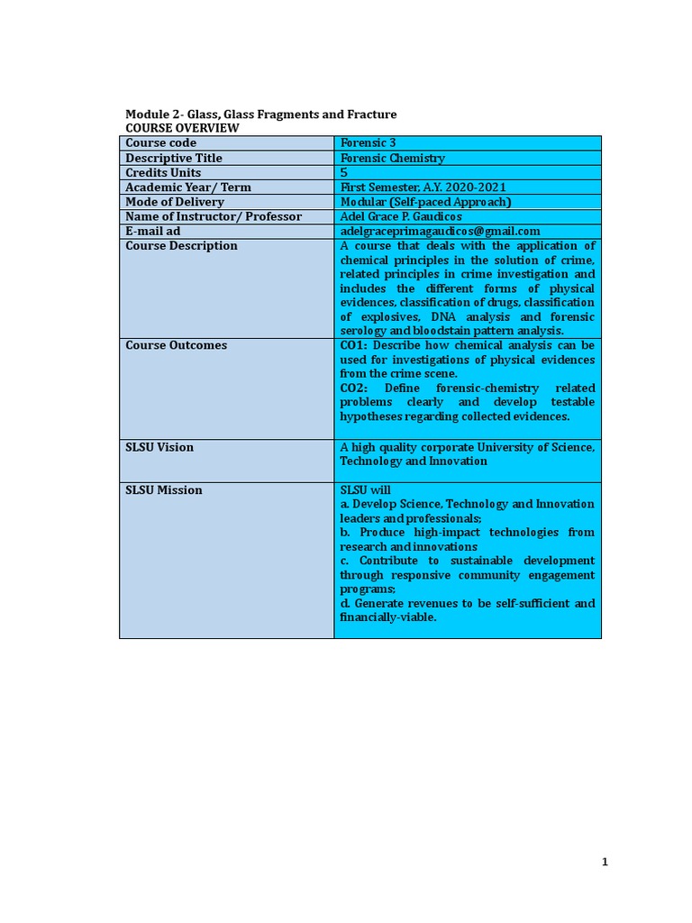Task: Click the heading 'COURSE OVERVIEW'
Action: coord(182,128)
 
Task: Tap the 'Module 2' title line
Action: coord(260,114)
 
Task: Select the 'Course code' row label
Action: coord(160,143)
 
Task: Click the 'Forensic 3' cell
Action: coord(368,143)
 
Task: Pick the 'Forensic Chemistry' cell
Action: coord(392,158)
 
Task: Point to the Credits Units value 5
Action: coord(343,172)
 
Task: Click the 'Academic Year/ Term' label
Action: coord(188,187)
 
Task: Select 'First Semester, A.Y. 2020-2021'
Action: coord(417,187)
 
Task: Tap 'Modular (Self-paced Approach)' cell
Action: coord(425,202)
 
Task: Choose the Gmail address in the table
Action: coord(440,231)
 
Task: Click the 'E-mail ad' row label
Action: coord(153,231)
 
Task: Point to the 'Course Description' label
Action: coord(181,246)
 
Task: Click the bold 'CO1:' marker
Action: coord(354,345)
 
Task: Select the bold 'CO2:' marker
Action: coord(354,388)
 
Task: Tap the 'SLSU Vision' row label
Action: coord(159,447)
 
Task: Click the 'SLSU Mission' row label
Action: coord(164,490)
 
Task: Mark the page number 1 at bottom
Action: coord(605,863)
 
